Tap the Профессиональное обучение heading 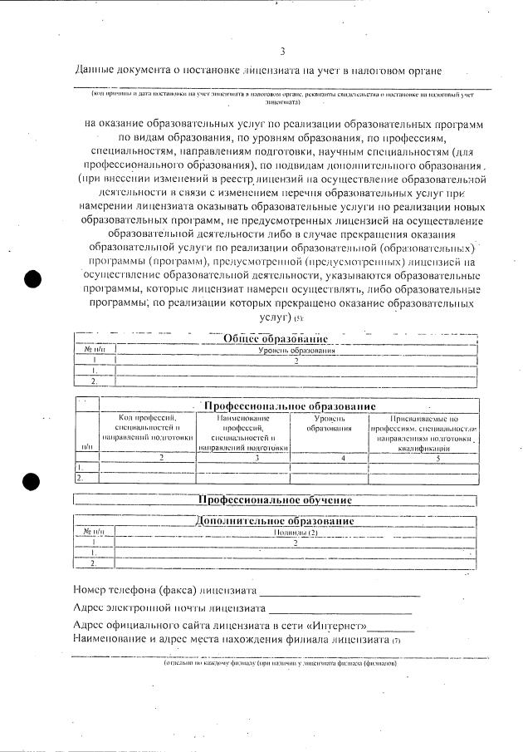[x=274, y=500]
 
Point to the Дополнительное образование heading [x=275, y=521]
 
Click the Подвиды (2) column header [x=296, y=532]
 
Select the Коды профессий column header [x=149, y=426]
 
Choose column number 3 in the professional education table [x=244, y=458]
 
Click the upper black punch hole [x=32, y=279]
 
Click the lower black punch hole [x=32, y=480]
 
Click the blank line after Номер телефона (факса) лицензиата [x=340, y=592]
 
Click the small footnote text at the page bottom [x=280, y=664]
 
